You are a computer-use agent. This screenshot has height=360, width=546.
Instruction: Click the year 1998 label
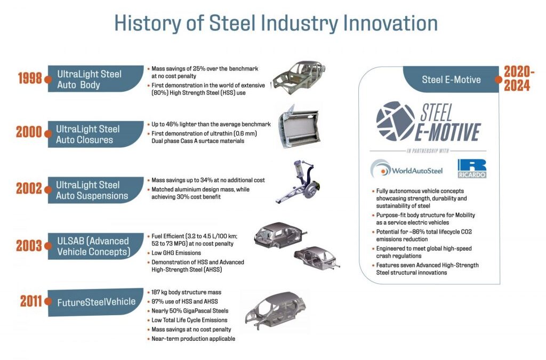[x=29, y=78]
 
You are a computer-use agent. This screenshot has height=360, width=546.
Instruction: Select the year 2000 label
[x=29, y=133]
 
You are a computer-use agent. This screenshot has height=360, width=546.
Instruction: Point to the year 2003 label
[x=29, y=246]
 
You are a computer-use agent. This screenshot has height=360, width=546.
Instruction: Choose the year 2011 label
[x=31, y=301]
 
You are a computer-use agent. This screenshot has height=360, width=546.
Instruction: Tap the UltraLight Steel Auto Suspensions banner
[x=93, y=190]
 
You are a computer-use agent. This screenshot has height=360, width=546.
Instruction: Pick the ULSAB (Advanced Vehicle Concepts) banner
[x=93, y=246]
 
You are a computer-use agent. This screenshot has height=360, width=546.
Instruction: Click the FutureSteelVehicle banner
[x=96, y=302]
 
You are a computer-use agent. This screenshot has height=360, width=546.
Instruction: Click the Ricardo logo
[x=471, y=169]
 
